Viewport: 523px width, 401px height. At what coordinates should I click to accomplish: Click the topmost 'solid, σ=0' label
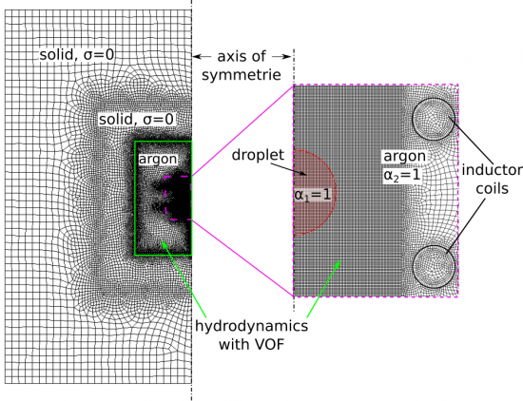pos(77,55)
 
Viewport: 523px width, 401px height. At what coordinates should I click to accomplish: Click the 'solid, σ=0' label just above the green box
pos(136,120)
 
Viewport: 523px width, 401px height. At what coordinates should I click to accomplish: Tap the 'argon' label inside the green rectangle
pos(158,160)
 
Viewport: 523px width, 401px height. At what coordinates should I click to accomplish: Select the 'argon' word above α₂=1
pos(404,157)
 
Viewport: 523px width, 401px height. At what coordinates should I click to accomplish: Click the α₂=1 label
pos(402,175)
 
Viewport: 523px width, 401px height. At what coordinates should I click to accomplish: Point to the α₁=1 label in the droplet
pos(313,195)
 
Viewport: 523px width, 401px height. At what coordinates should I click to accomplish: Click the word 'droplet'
pos(258,155)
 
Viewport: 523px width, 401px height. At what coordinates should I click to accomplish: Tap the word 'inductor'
pos(492,170)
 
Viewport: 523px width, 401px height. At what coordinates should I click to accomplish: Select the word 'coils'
pos(492,189)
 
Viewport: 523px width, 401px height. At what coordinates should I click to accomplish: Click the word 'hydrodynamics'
pos(251,326)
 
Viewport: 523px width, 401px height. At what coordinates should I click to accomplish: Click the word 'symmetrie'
pos(242,75)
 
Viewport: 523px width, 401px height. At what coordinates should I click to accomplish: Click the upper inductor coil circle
pos(434,98)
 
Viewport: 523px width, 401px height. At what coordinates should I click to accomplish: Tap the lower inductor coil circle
pos(434,246)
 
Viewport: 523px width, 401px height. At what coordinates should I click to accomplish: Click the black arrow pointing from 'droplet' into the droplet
pos(289,168)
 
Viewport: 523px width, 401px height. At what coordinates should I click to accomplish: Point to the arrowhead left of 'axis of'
pos(197,57)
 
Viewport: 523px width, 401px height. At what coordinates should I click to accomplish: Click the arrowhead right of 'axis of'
pos(287,57)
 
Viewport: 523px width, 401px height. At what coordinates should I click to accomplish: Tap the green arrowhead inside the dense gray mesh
pos(338,264)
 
